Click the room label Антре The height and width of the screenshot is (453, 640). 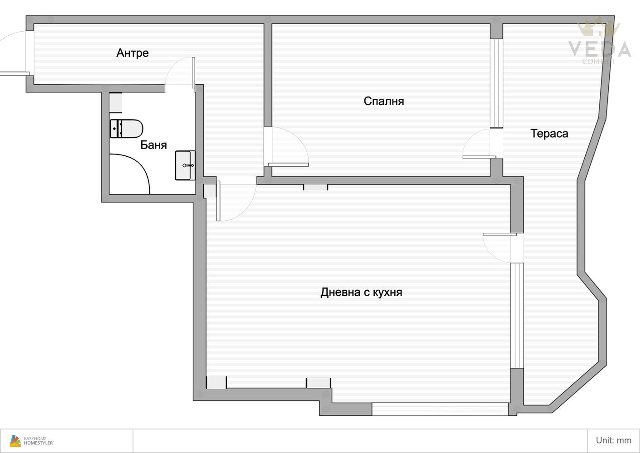(x=133, y=53)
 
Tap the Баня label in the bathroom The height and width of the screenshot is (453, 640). (x=153, y=145)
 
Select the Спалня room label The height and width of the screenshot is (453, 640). (x=384, y=101)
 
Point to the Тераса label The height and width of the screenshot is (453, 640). (x=549, y=134)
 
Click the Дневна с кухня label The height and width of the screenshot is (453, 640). (x=361, y=292)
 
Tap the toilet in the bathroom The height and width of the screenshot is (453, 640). (x=126, y=129)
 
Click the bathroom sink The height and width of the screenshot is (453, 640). (x=185, y=165)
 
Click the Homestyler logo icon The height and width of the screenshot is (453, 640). (x=15, y=441)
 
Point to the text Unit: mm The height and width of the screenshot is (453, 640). (x=613, y=440)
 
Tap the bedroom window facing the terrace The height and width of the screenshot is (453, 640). (x=497, y=83)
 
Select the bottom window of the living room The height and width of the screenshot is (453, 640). (x=440, y=409)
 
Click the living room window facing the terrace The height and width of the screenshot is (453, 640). (x=517, y=315)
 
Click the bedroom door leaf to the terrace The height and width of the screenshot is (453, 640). (x=479, y=157)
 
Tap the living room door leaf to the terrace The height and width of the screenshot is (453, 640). (x=500, y=235)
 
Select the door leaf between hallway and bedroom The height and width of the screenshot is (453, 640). (x=288, y=165)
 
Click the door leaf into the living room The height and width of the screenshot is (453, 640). (x=218, y=201)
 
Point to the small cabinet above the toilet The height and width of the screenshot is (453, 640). (x=116, y=103)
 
